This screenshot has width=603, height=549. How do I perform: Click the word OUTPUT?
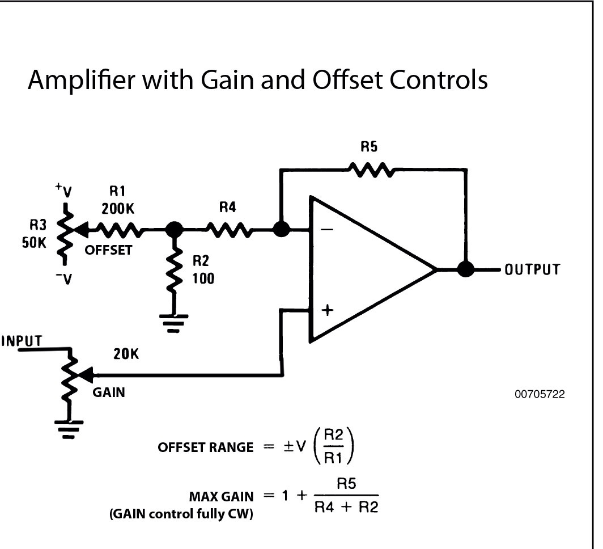(x=532, y=269)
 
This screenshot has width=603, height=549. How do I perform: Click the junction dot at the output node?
(x=466, y=269)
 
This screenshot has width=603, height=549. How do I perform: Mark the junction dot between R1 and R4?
(x=174, y=230)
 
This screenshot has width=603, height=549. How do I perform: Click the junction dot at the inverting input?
(x=281, y=230)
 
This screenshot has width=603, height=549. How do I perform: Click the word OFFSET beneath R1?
(x=108, y=250)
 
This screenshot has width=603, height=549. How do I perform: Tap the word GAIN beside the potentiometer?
(x=109, y=392)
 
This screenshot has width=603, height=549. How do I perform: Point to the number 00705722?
(x=540, y=393)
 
